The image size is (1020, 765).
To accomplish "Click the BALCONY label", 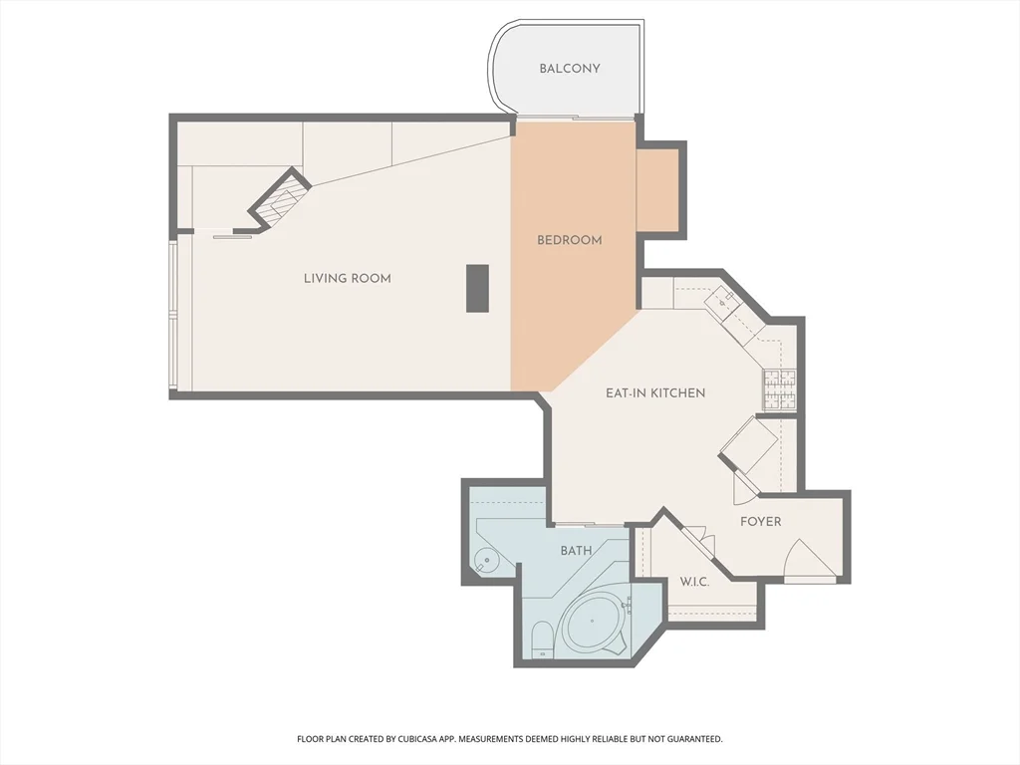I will [570, 69].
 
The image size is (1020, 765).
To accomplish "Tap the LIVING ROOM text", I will [347, 279].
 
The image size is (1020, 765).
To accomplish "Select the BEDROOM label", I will [570, 240].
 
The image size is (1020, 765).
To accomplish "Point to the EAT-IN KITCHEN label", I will [655, 393].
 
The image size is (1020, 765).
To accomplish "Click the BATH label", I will [576, 551].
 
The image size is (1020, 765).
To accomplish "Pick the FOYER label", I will [760, 522].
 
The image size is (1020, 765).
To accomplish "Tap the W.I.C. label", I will [694, 583].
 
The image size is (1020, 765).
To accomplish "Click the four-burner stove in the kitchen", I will [780, 389].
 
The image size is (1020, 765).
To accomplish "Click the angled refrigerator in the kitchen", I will [749, 445].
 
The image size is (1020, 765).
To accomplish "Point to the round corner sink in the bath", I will [487, 561].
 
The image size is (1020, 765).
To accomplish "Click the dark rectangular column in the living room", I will [478, 289].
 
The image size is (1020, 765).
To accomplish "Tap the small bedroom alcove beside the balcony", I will [657, 190].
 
